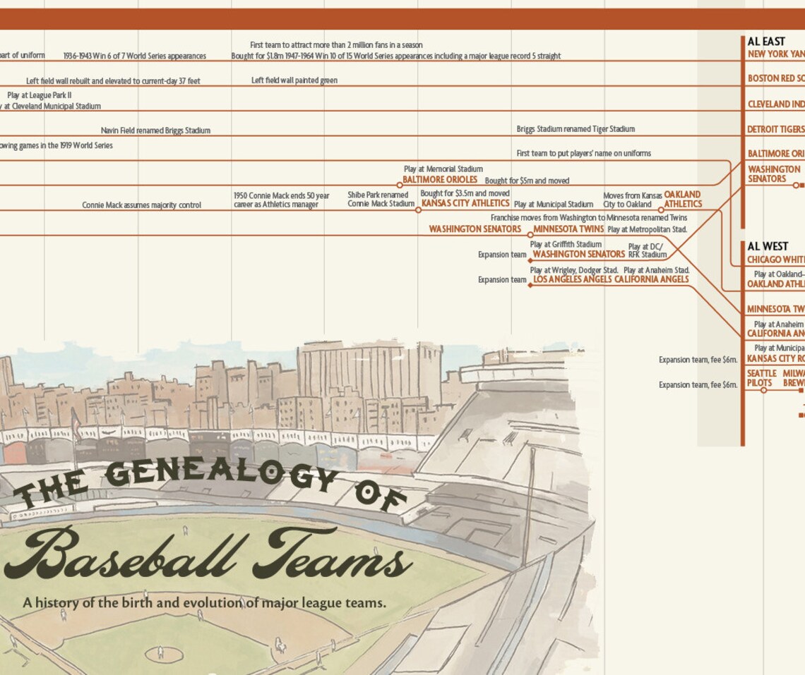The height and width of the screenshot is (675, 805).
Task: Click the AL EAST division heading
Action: (766, 42)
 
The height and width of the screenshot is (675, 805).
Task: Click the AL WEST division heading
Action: (768, 246)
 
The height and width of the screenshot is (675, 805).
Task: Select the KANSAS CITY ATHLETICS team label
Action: (465, 203)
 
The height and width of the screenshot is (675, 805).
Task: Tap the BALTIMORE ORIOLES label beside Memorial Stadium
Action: (440, 179)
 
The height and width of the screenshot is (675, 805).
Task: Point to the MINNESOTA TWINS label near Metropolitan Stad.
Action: (568, 229)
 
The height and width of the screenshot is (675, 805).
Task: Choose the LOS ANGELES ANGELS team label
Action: (572, 279)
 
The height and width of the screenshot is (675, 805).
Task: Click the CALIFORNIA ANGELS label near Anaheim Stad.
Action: (651, 279)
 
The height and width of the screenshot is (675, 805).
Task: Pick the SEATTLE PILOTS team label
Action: (762, 377)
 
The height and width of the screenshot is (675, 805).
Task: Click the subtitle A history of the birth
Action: (205, 603)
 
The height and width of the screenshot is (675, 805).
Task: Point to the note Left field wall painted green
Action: (294, 80)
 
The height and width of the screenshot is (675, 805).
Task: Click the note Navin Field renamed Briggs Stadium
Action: (155, 130)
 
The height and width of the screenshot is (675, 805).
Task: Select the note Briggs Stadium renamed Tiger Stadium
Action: (576, 129)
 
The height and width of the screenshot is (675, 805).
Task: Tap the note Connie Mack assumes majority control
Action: (141, 205)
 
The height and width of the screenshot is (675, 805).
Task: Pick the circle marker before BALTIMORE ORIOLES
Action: (400, 186)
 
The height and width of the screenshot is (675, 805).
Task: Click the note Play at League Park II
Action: (40, 95)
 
